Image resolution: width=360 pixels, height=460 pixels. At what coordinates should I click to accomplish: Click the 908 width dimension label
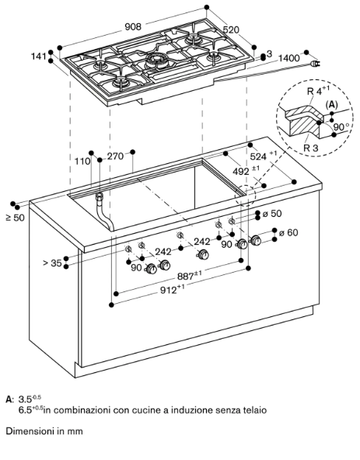pyautogui.click(x=133, y=26)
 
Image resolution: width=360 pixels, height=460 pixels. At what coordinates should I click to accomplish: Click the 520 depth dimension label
pyautogui.click(x=231, y=30)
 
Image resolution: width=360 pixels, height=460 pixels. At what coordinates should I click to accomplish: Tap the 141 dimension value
pyautogui.click(x=39, y=56)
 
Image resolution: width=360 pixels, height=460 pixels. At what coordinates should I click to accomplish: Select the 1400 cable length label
pyautogui.click(x=289, y=57)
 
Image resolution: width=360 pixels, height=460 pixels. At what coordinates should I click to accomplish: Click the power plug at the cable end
pyautogui.click(x=315, y=64)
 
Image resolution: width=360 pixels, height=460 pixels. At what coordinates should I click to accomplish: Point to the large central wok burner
pyautogui.click(x=156, y=60)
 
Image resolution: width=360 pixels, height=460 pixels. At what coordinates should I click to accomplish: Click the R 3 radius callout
pyautogui.click(x=311, y=148)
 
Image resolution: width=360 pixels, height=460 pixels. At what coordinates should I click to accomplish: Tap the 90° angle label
pyautogui.click(x=341, y=127)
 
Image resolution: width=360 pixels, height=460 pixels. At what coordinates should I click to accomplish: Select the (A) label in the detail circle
pyautogui.click(x=331, y=104)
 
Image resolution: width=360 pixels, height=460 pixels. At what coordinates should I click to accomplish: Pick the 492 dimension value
pyautogui.click(x=246, y=170)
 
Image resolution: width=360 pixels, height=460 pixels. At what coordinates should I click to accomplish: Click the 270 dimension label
pyautogui.click(x=115, y=156)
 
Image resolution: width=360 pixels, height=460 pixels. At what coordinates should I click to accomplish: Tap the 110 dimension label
pyautogui.click(x=82, y=161)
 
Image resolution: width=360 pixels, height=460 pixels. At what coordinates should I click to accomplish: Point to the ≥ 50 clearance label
pyautogui.click(x=16, y=218)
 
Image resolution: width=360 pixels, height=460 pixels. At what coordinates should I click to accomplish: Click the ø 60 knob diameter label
pyautogui.click(x=288, y=232)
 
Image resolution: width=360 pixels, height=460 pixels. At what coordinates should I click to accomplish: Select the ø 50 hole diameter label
pyautogui.click(x=272, y=213)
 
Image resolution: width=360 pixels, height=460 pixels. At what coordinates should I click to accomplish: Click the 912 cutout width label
pyautogui.click(x=173, y=290)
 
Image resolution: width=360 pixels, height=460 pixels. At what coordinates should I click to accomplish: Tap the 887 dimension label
pyautogui.click(x=190, y=276)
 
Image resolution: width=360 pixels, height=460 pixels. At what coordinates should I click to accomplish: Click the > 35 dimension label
pyautogui.click(x=53, y=263)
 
